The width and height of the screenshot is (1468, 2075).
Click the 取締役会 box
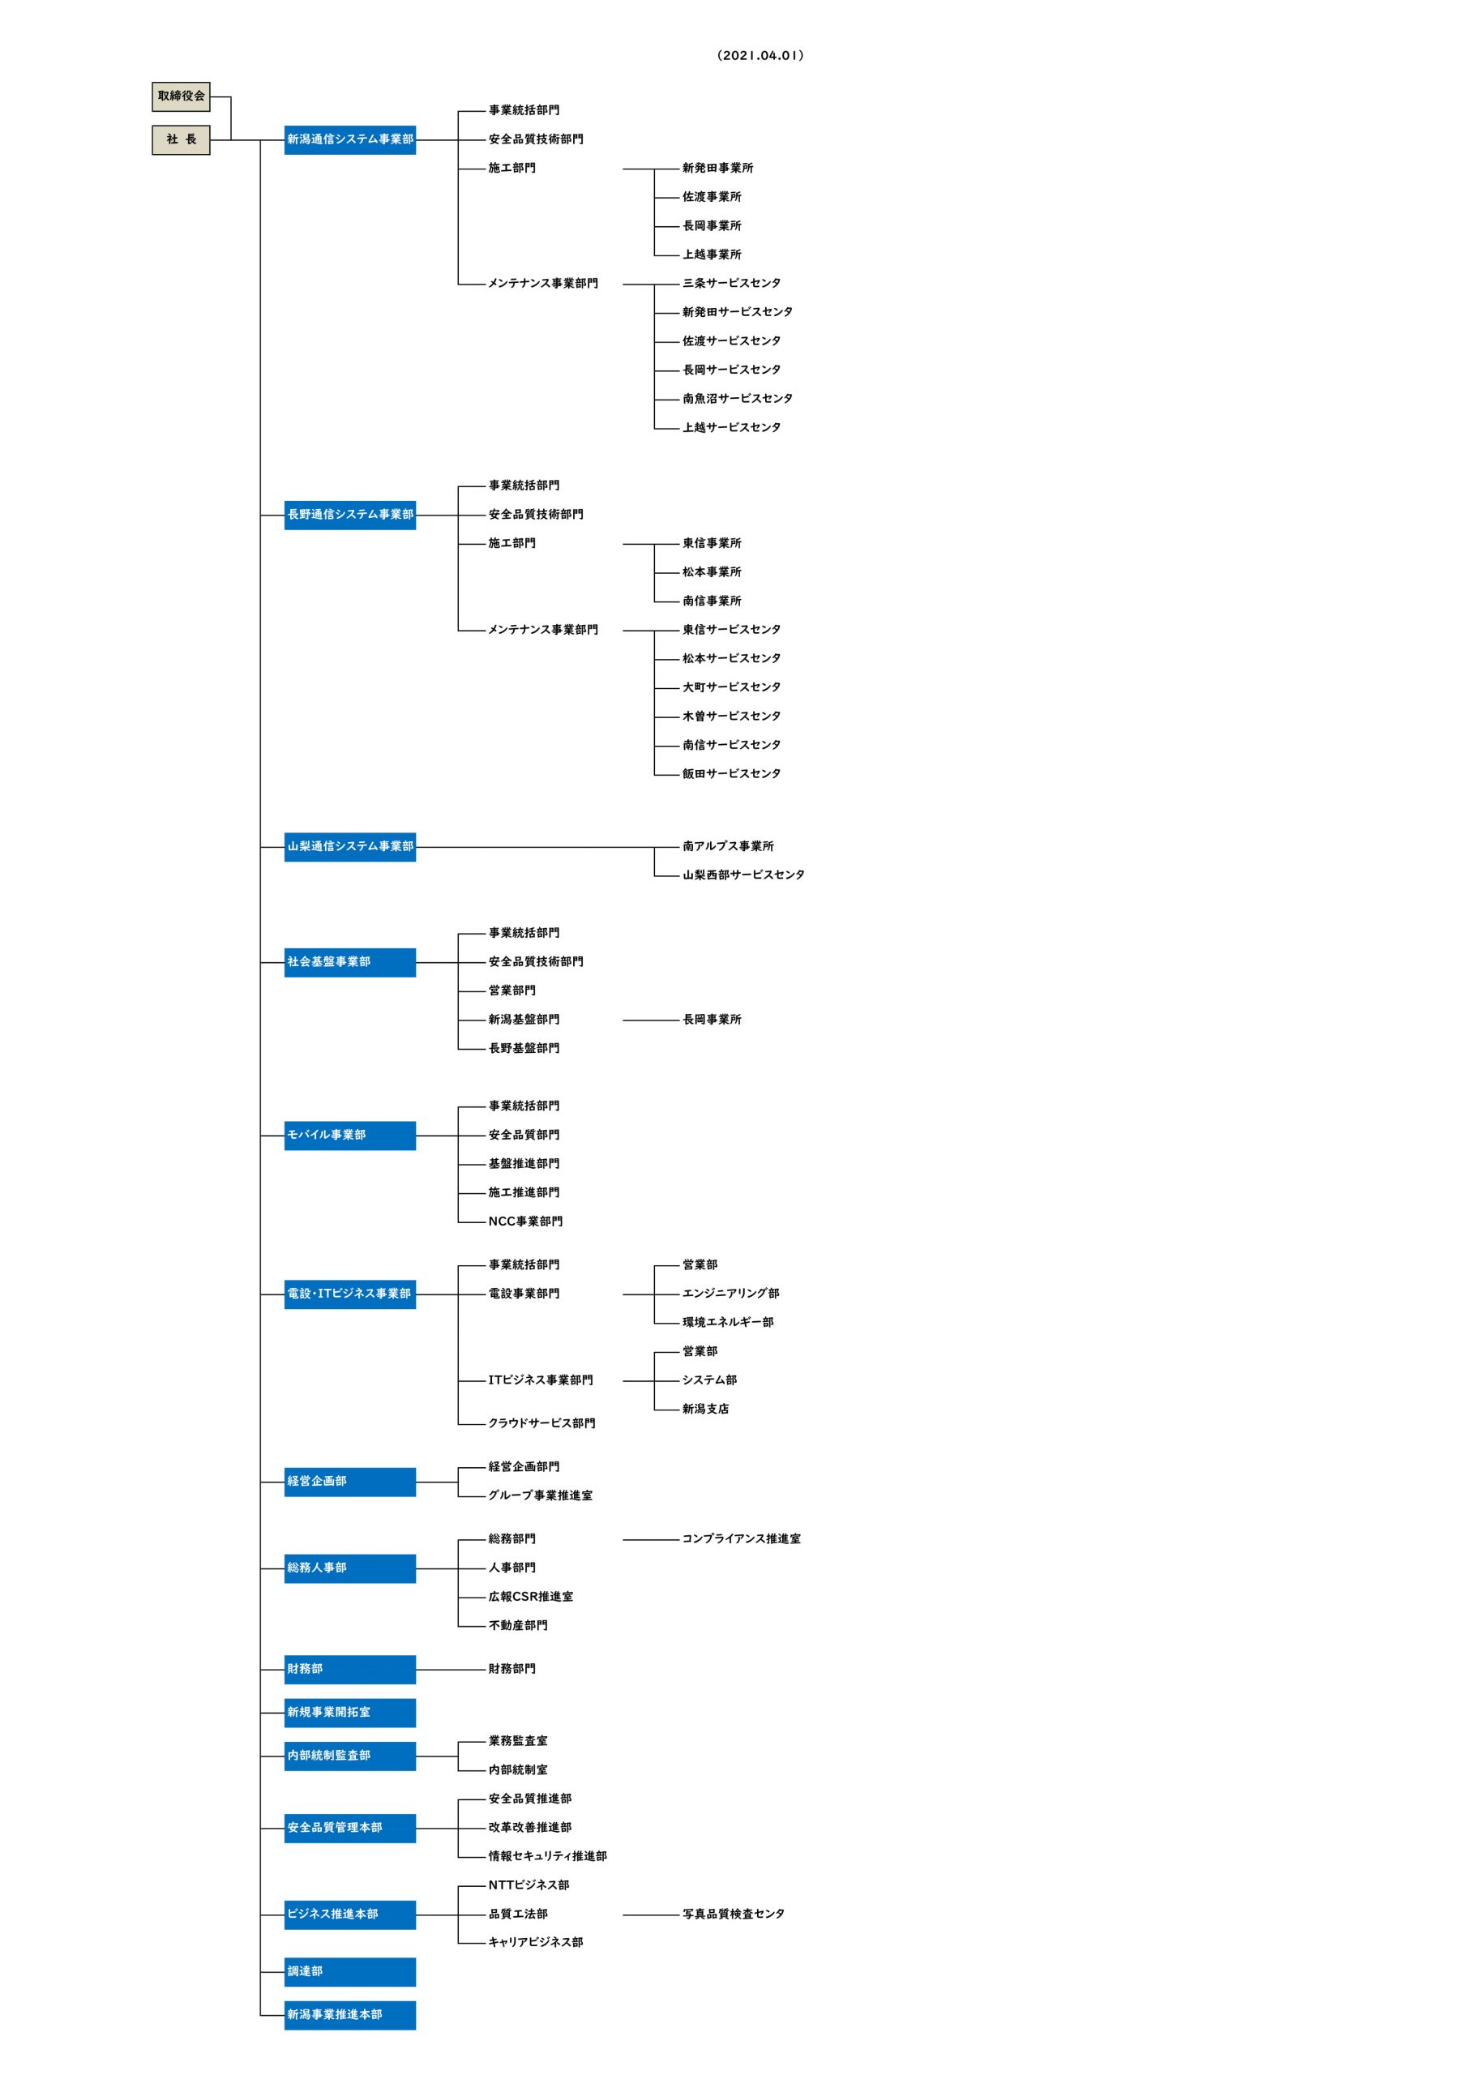coord(181,96)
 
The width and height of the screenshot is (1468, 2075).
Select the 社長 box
coord(181,139)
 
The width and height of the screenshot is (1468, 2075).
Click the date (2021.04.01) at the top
coord(760,55)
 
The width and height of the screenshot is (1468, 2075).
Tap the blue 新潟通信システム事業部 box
coord(350,139)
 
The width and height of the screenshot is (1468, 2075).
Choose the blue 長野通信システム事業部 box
coord(350,514)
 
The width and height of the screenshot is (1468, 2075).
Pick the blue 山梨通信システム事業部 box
coord(350,846)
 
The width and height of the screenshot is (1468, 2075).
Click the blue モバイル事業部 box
coord(350,1134)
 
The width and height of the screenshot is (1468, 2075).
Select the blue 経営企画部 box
coord(350,1480)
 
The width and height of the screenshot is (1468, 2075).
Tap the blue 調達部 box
coord(350,1971)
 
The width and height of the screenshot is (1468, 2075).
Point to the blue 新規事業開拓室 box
coord(350,1712)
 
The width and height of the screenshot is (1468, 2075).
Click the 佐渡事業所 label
coord(712,196)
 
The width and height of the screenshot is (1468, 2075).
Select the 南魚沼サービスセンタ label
coord(738,399)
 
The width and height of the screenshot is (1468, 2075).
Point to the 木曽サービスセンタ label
coord(731,716)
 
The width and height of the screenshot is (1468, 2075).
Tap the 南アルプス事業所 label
coord(728,846)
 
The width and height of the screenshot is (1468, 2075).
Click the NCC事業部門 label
coord(525,1221)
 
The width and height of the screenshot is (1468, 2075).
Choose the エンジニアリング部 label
coord(730,1294)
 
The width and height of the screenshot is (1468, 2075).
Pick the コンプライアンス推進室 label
coord(741,1538)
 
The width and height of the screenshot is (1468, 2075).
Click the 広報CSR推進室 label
coord(531,1596)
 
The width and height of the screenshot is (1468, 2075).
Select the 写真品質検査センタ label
coord(733,1913)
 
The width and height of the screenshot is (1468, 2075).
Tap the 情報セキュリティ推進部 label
coord(548,1855)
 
